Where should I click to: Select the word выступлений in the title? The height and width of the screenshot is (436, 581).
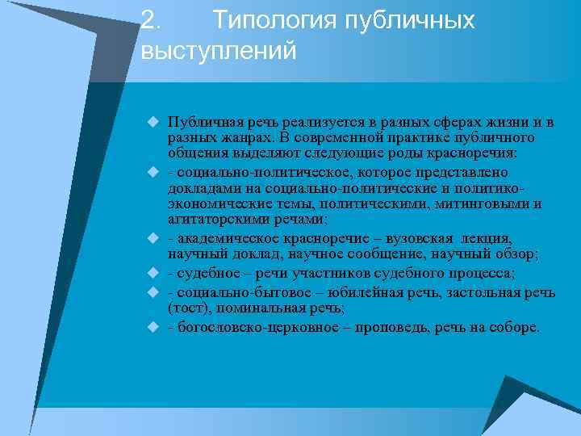pyautogui.click(x=219, y=51)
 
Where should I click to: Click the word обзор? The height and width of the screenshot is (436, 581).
pyautogui.click(x=518, y=254)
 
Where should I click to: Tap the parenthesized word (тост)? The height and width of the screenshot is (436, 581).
pyautogui.click(x=186, y=308)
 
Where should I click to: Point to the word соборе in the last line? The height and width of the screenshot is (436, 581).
pyautogui.click(x=516, y=328)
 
